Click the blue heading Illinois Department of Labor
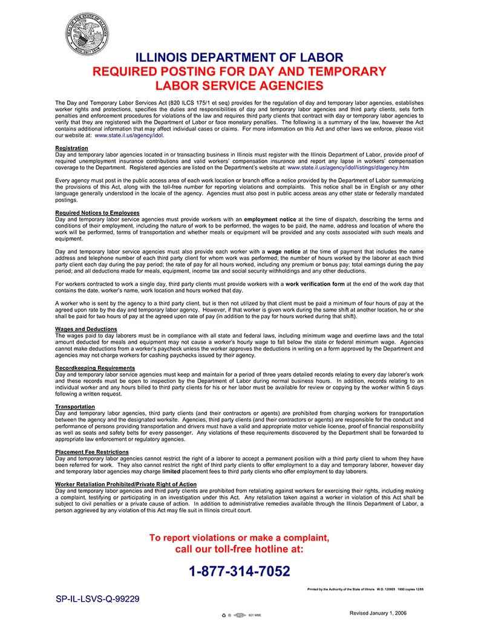tap(240, 58)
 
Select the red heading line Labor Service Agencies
tap(240, 86)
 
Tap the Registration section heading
tap(71, 148)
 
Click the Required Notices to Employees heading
tap(97, 213)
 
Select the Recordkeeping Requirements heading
tap(95, 368)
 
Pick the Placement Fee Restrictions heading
tap(92, 452)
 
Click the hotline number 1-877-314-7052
tap(240, 571)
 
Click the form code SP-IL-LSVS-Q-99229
tap(98, 599)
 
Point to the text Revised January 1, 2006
tap(378, 613)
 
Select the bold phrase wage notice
tap(284, 251)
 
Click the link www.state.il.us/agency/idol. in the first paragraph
tap(129, 135)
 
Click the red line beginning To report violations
tap(240, 538)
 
